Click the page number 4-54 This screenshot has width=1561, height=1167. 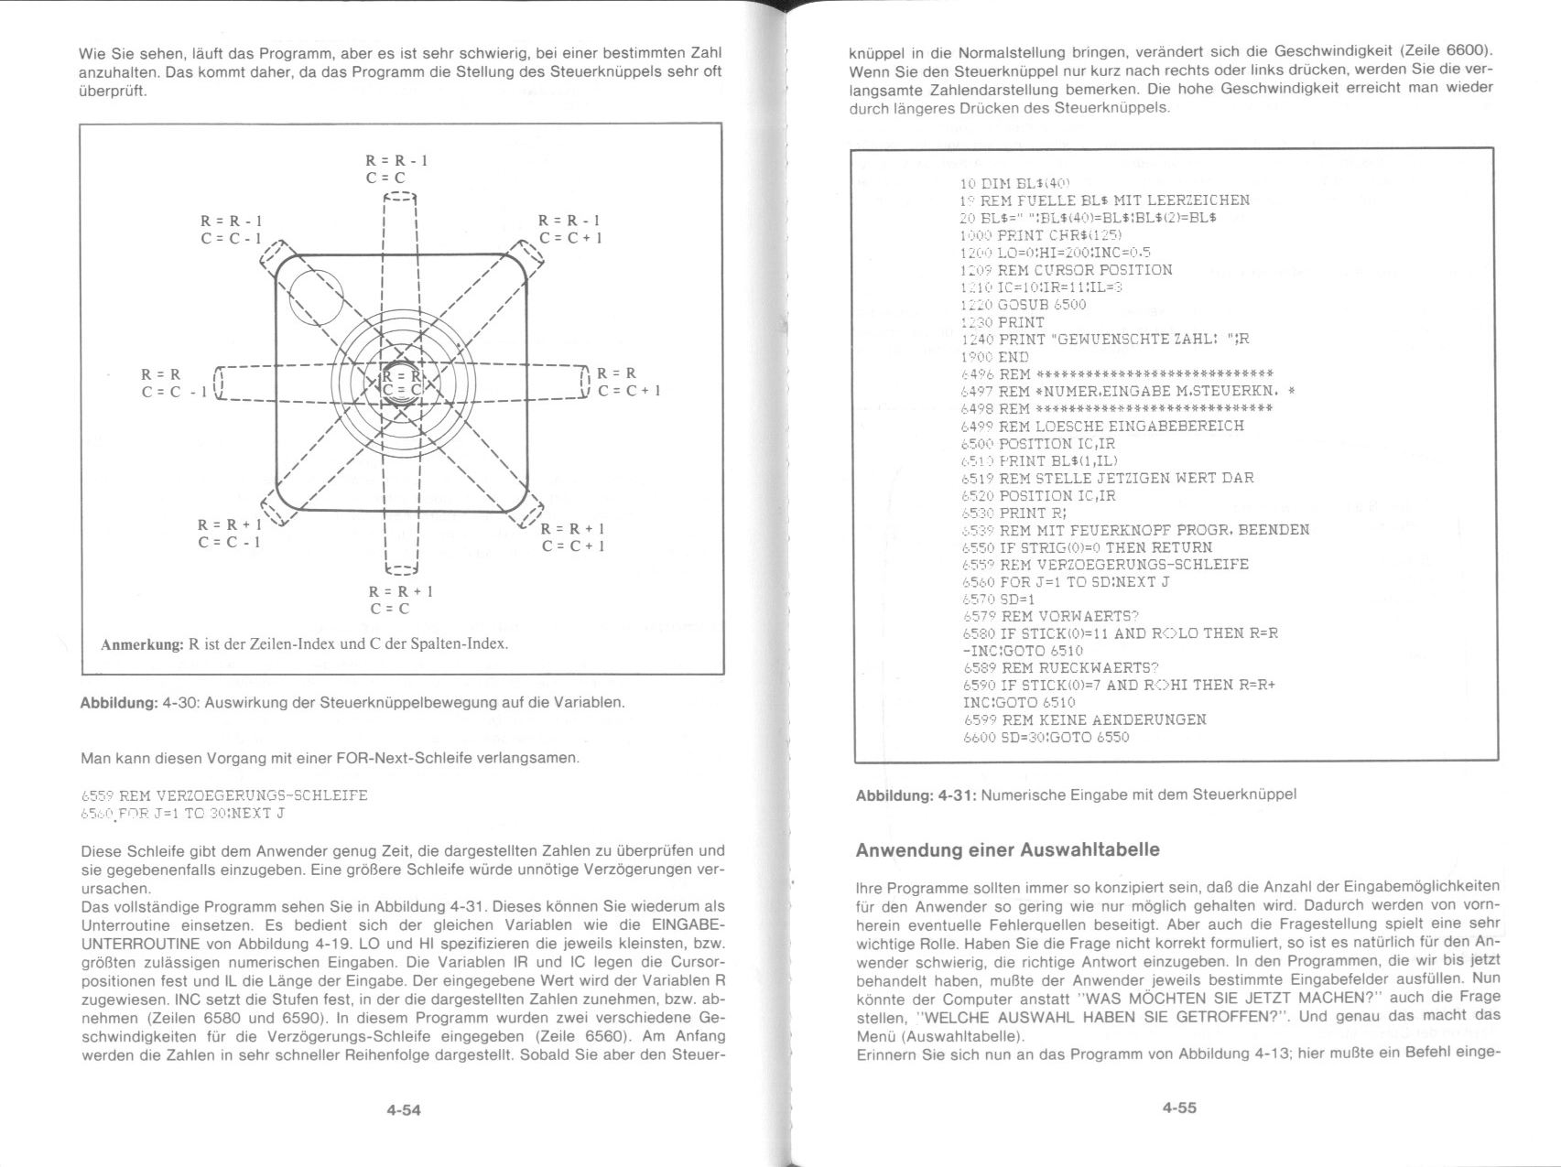coord(403,1110)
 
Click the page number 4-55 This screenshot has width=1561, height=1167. coord(1179,1108)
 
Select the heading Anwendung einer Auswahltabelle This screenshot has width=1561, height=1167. coord(1007,849)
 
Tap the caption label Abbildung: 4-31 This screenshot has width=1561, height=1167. coord(916,794)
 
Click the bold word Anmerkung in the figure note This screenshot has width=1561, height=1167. coord(142,643)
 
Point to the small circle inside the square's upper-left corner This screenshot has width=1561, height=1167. coord(316,298)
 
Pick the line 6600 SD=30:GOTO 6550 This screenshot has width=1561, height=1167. coord(1046,737)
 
